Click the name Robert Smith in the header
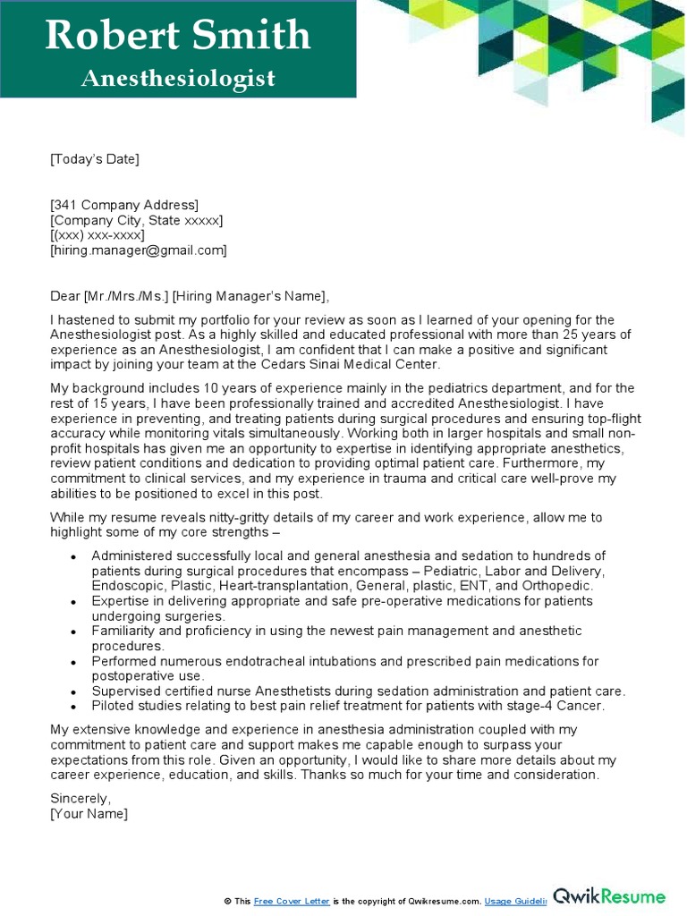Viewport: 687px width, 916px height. click(x=178, y=36)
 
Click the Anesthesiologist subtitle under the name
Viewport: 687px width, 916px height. click(x=178, y=79)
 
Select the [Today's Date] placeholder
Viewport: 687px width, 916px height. click(x=95, y=159)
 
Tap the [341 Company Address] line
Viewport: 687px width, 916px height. click(x=124, y=205)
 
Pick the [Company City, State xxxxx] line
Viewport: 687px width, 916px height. click(x=137, y=220)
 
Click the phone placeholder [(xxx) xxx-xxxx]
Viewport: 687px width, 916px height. click(x=98, y=235)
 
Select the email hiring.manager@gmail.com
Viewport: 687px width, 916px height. click(x=139, y=250)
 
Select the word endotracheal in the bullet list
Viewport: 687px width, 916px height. click(x=266, y=661)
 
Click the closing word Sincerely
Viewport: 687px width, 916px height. click(x=81, y=798)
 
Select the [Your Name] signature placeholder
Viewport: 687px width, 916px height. click(x=89, y=813)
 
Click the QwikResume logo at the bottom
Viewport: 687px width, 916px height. click(x=609, y=896)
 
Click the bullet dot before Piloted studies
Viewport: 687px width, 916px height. click(x=72, y=707)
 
